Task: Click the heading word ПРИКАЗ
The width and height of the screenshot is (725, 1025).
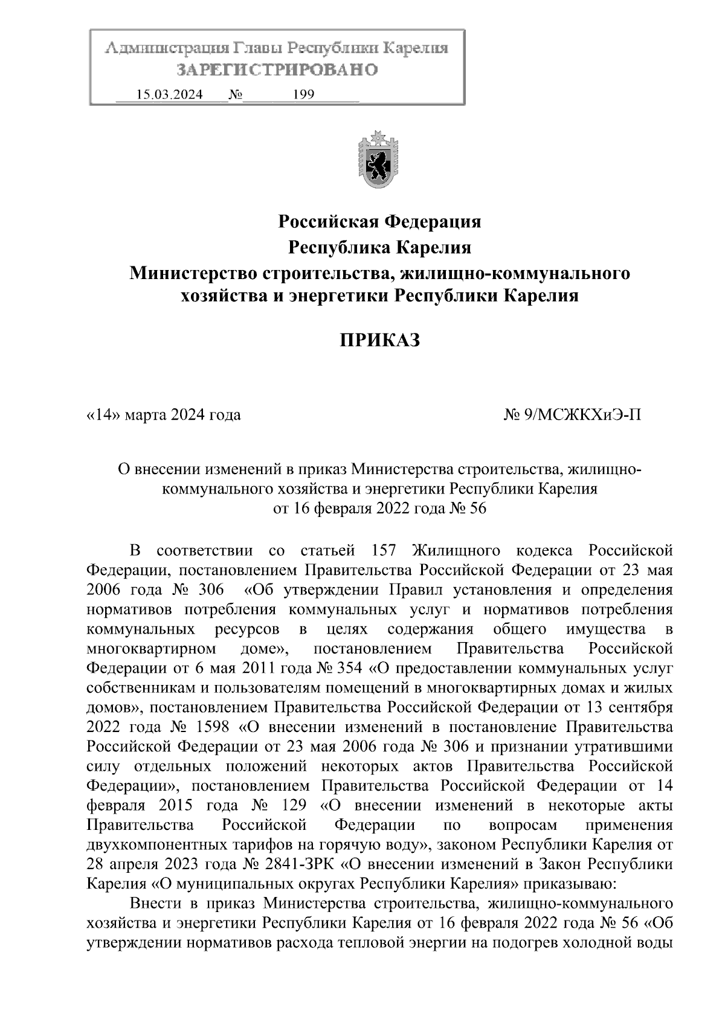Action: [378, 341]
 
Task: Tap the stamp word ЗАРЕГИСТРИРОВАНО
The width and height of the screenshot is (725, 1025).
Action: [277, 69]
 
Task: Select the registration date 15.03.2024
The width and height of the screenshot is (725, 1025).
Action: [169, 95]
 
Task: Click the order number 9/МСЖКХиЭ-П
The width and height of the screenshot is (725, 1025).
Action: [584, 415]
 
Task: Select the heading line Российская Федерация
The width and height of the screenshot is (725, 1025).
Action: [379, 222]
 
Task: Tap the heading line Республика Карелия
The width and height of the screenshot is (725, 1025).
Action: [379, 248]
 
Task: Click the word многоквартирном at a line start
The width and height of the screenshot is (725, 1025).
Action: [152, 649]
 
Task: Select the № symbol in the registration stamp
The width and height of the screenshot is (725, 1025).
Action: [234, 95]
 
